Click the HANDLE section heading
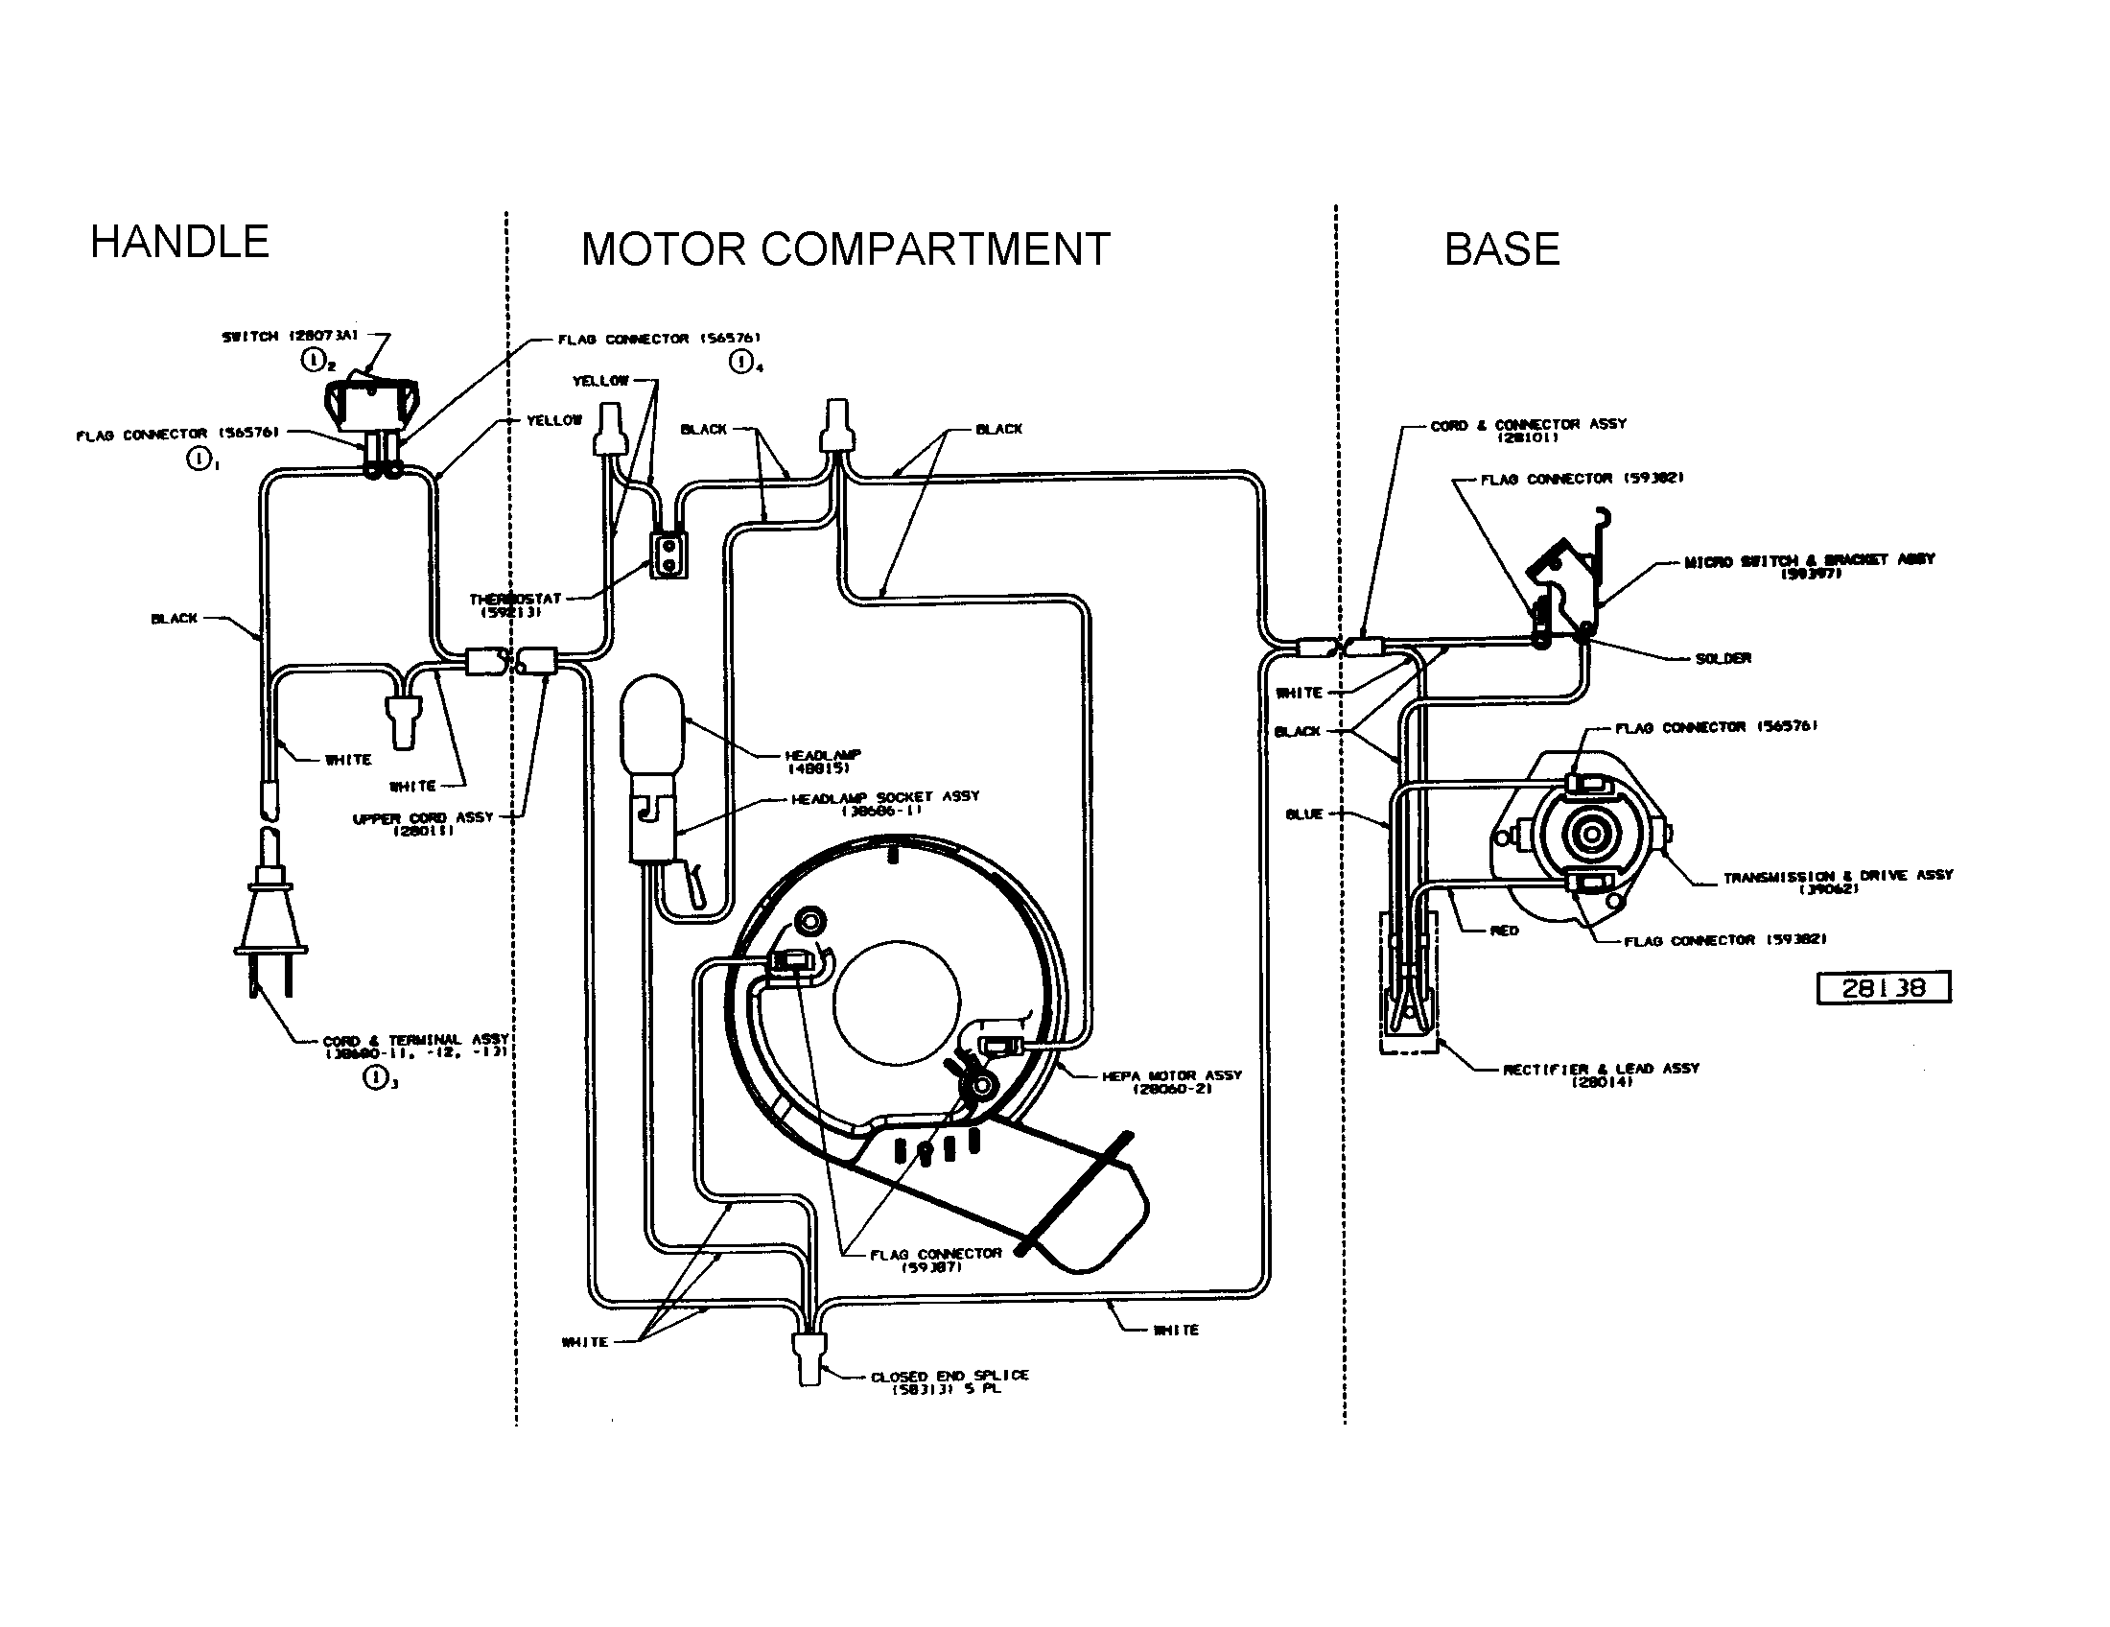[x=179, y=242]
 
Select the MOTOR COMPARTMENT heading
[x=845, y=249]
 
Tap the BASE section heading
[x=1501, y=249]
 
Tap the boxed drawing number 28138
[x=1883, y=987]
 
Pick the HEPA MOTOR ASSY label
[x=1171, y=1081]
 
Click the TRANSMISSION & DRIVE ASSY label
[x=1838, y=881]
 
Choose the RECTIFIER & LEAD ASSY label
[x=1601, y=1074]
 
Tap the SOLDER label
[x=1723, y=659]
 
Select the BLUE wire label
[x=1303, y=814]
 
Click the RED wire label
[x=1504, y=931]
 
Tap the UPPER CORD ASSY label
[x=423, y=823]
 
